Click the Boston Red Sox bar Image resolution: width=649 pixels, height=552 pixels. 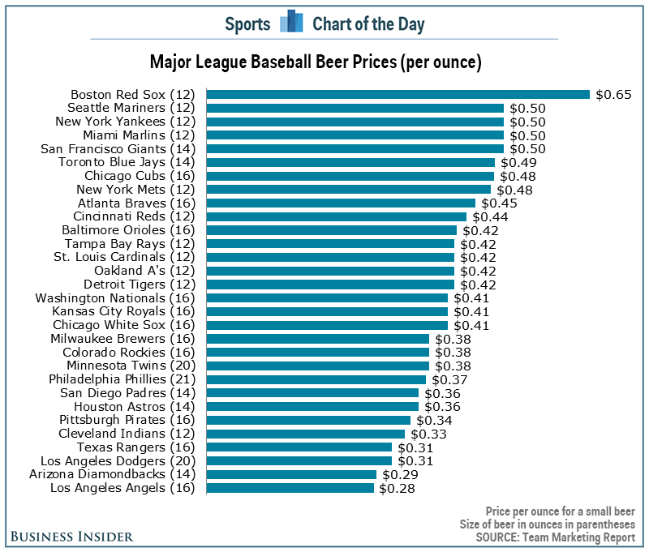coord(398,94)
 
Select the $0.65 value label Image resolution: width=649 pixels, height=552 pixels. coord(613,94)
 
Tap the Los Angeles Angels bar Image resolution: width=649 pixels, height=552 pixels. coord(290,488)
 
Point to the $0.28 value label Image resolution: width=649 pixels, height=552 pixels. coord(397,488)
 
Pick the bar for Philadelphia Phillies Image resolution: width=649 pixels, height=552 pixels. coord(316,379)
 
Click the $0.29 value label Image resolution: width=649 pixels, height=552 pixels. coord(399,474)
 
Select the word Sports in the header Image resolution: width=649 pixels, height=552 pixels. coord(247,24)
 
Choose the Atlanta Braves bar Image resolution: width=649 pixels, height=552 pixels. coord(341,203)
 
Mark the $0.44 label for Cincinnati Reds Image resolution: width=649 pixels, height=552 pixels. coord(490,216)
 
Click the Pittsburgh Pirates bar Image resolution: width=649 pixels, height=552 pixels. coord(308,420)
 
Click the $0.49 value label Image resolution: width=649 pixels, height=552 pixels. coord(518,162)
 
